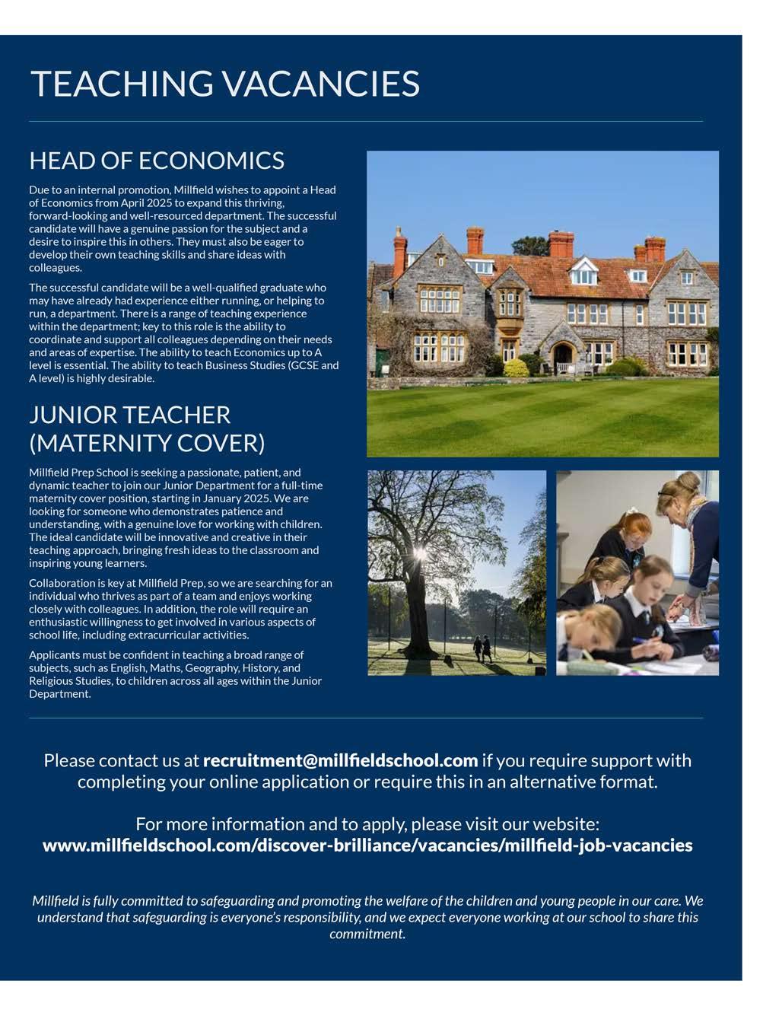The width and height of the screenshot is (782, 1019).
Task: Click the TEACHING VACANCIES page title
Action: click(224, 83)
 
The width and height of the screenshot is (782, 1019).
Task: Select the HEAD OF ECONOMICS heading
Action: click(157, 161)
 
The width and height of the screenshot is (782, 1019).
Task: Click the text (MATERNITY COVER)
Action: click(147, 442)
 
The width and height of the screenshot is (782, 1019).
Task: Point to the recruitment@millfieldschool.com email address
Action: click(340, 760)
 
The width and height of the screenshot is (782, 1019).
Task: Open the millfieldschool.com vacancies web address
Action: click(367, 845)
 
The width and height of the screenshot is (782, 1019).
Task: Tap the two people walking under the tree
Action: click(482, 648)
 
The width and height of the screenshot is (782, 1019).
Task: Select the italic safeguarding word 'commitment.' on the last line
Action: click(367, 934)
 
